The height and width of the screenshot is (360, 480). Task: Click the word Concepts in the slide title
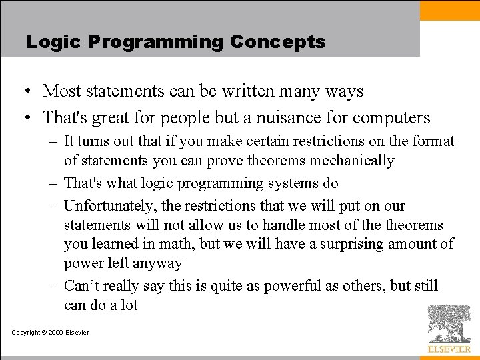click(277, 42)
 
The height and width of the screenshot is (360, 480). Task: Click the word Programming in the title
click(157, 42)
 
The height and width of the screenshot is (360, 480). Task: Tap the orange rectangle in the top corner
click(449, 10)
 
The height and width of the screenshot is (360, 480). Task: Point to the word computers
click(391, 118)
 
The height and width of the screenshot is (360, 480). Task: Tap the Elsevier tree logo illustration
click(449, 323)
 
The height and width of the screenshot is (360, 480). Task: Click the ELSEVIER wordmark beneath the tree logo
click(449, 349)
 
